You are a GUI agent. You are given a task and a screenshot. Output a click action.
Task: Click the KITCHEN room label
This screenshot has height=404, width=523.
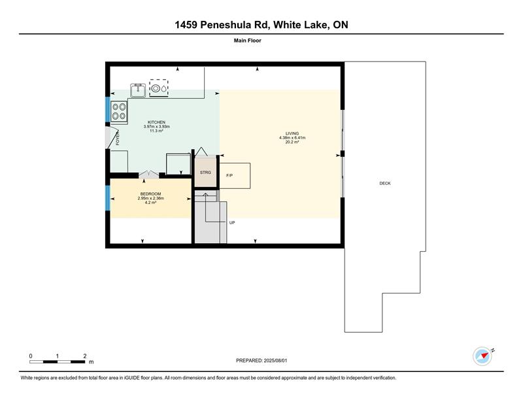(156, 122)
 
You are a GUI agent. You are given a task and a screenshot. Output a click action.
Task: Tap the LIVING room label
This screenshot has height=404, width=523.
(292, 133)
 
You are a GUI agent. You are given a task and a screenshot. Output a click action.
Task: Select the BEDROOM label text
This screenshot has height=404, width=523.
(150, 194)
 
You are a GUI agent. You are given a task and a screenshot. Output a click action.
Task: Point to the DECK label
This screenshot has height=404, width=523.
(385, 183)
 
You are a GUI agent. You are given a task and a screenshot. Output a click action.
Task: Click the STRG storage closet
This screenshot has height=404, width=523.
(205, 172)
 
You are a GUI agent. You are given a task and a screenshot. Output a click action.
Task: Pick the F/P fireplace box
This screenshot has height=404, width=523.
(235, 176)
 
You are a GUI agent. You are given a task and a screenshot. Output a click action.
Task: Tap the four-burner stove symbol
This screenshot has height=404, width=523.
(119, 111)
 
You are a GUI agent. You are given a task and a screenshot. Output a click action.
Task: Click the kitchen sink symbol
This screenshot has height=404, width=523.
(138, 90)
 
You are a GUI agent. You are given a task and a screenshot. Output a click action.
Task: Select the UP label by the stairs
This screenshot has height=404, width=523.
(232, 222)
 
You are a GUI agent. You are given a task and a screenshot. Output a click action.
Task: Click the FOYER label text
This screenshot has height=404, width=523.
(118, 138)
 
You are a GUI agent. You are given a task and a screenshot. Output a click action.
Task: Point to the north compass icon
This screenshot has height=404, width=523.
(483, 356)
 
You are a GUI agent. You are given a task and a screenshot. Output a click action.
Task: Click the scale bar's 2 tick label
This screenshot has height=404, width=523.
(85, 356)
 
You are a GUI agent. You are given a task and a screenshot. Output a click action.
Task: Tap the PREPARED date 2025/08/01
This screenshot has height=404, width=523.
(275, 360)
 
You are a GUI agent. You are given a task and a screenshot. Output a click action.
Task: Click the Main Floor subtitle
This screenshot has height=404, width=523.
(248, 41)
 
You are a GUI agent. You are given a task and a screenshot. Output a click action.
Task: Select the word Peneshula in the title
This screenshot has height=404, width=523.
(235, 25)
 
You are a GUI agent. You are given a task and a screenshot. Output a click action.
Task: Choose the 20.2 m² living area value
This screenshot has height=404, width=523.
(292, 142)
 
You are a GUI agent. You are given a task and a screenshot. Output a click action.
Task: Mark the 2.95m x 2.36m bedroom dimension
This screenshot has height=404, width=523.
(151, 198)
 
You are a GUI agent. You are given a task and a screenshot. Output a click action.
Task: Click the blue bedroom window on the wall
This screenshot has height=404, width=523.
(108, 198)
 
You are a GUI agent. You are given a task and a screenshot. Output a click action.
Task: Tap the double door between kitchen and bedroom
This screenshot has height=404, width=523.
(149, 174)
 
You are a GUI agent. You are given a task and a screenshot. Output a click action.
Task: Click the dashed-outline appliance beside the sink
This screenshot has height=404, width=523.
(159, 88)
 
